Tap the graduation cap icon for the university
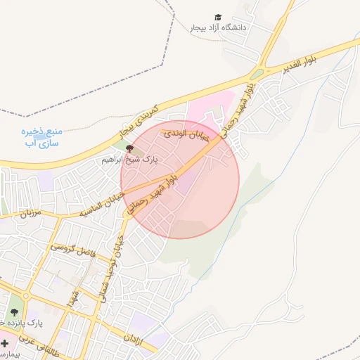coord(218,17)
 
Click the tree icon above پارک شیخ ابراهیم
coord(129,148)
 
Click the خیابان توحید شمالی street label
coord(114,271)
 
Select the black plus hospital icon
coord(5,344)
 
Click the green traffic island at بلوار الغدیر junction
coord(258,73)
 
